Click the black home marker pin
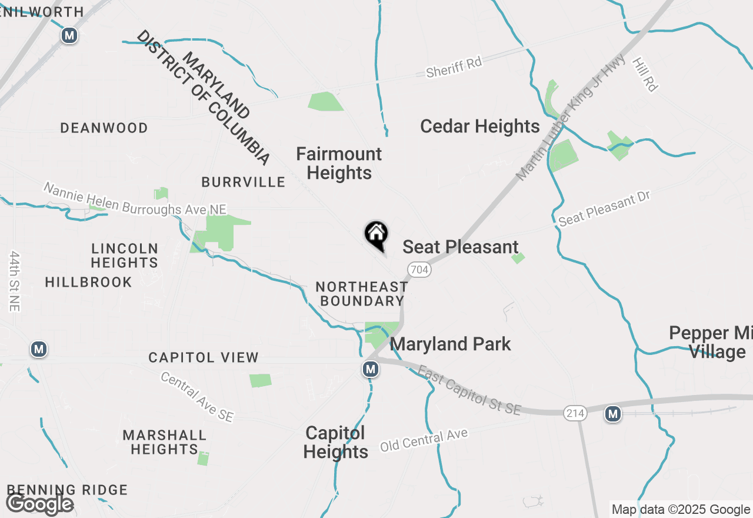376,235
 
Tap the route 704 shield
419,270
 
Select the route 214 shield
575,414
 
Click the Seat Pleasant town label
461,247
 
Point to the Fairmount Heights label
339,164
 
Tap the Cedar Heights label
480,127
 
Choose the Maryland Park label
451,344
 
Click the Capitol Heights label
336,443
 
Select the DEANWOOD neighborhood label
104,128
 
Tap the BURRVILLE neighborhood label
244,182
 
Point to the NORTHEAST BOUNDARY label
361,294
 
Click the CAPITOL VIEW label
204,357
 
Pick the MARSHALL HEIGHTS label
165,442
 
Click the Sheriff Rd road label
454,67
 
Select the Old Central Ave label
424,440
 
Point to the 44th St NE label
15,281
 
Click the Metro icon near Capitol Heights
370,369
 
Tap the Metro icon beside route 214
613,414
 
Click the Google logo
39,504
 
